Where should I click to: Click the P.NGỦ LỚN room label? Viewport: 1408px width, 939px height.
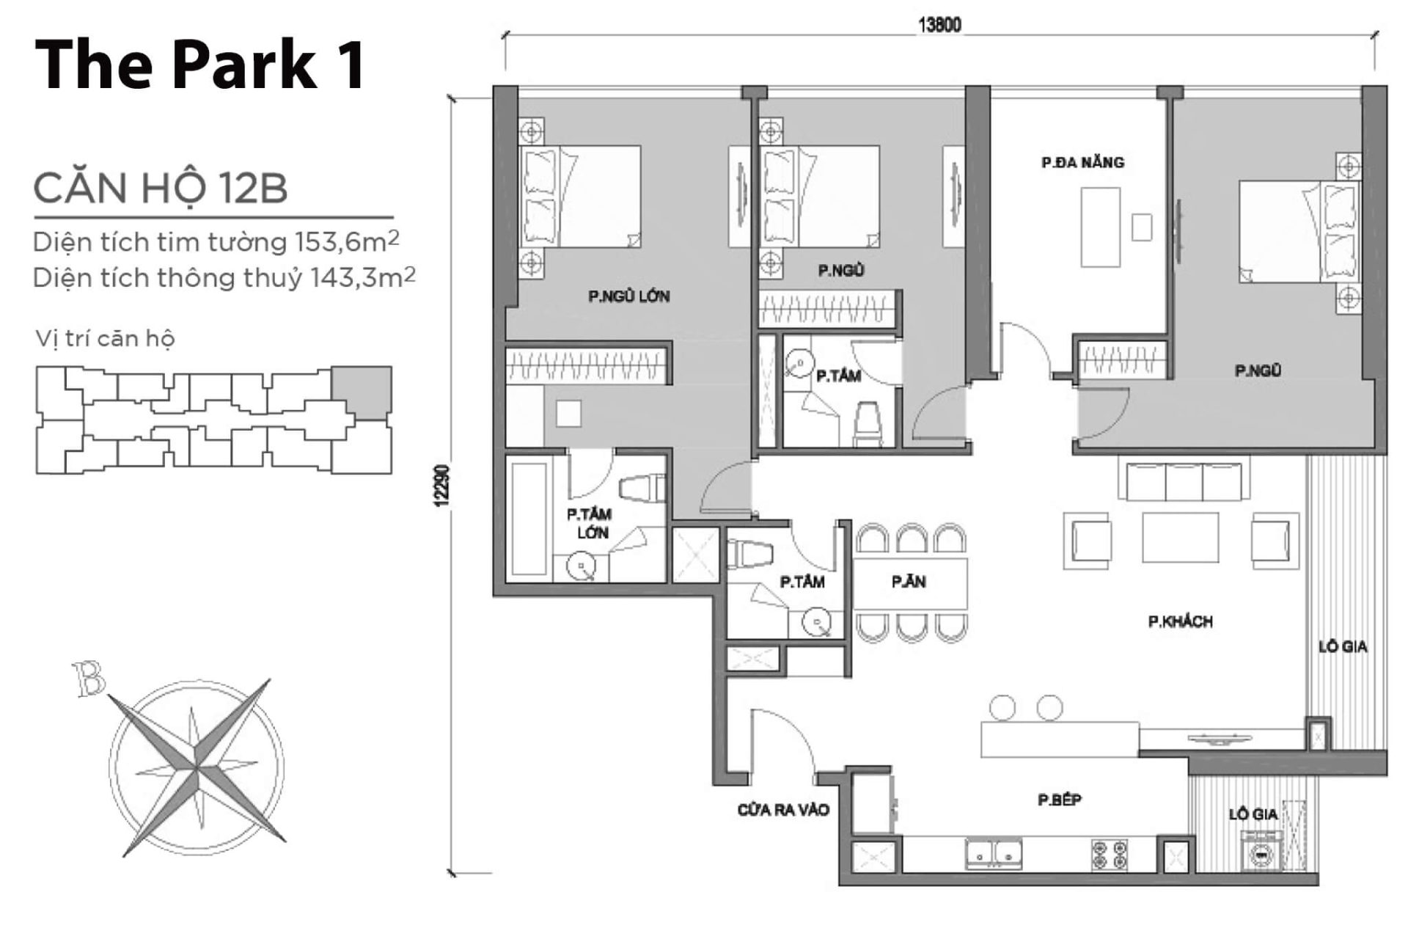(628, 296)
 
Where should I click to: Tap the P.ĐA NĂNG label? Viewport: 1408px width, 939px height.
(1082, 162)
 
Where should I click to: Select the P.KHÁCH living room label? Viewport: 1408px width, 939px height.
(1180, 622)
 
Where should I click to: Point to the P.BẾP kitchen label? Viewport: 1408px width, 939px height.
(1060, 800)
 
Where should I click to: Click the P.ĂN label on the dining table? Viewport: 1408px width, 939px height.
(909, 582)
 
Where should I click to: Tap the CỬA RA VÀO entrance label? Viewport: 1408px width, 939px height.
(783, 810)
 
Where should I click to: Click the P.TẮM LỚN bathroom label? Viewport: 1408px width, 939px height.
(590, 523)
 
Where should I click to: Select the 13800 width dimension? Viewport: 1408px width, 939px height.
(939, 25)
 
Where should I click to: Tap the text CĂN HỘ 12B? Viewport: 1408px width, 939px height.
(160, 188)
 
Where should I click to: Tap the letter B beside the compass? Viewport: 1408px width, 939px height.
(89, 679)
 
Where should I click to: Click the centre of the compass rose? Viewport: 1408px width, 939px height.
(197, 766)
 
